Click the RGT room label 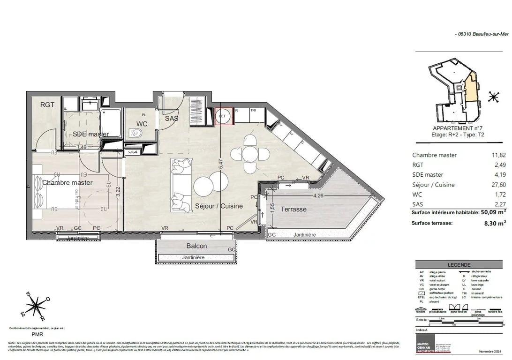point(47,105)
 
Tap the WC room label point(142,124)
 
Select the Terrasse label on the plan point(294,209)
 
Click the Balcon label point(196,246)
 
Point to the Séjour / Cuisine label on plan point(219,206)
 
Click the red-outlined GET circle point(223,116)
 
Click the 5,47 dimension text point(220,165)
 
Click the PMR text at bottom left point(38,335)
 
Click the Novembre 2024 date point(490,352)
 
